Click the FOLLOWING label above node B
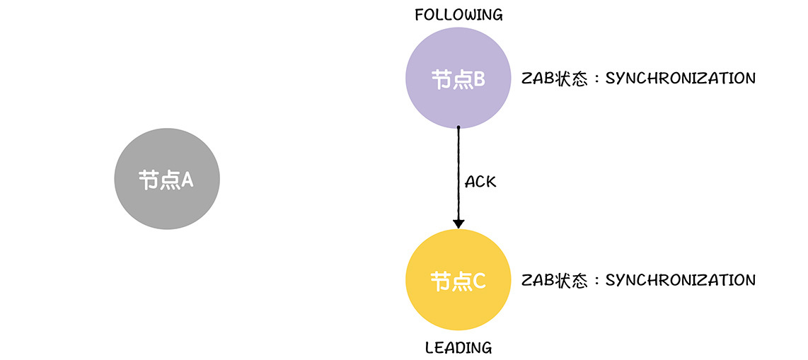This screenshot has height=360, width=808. coord(458,15)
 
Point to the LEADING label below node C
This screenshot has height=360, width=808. coord(458,348)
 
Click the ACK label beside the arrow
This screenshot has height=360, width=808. coord(480,182)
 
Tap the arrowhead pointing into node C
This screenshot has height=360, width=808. coord(458,223)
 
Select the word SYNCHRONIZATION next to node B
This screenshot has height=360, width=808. coord(681,78)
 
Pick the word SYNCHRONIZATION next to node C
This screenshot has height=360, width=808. coord(681,280)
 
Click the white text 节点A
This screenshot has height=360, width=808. coord(166,180)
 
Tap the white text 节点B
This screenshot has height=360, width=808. coord(458,79)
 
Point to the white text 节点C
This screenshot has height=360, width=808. coord(458,281)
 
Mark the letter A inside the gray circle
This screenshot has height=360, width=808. coord(187,180)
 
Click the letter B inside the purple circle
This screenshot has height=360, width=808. coord(478,79)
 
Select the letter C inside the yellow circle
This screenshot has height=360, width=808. coord(478,281)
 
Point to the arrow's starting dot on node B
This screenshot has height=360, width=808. coord(458,128)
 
